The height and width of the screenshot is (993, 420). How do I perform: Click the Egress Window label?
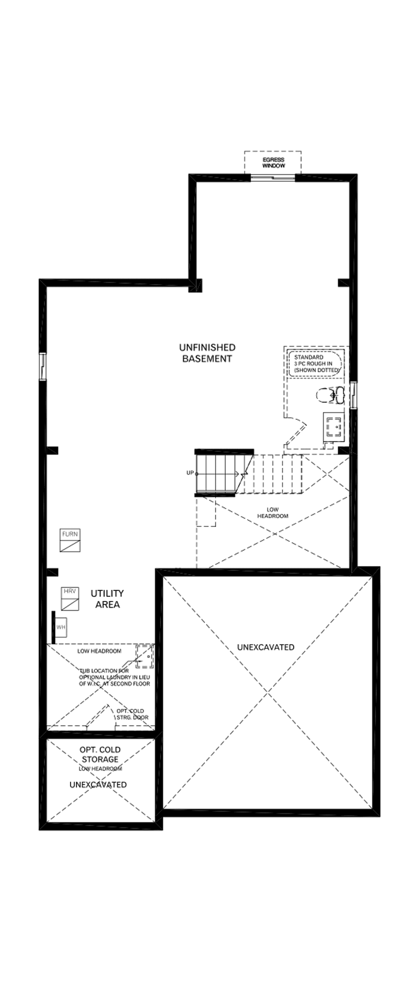coord(274,163)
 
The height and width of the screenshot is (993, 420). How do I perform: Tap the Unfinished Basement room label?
coord(207,353)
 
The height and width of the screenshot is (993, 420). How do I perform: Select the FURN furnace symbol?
coord(70,540)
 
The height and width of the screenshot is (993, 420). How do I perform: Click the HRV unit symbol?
coord(70,598)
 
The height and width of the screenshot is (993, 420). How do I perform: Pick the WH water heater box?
coord(61,627)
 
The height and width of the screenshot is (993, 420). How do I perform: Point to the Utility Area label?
coord(107,598)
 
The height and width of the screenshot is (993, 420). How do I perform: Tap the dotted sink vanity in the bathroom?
coord(334,425)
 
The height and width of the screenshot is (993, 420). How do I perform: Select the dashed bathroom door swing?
coord(297,432)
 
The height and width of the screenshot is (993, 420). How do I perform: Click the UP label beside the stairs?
coord(190,473)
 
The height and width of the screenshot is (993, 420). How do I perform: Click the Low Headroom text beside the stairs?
coord(272,513)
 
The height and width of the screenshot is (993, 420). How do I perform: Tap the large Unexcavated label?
coord(265,647)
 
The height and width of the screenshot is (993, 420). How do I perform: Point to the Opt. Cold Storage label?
coord(100,754)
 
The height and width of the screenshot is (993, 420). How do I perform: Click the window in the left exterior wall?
coord(43,366)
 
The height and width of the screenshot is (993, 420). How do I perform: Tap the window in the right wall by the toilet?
coord(353,395)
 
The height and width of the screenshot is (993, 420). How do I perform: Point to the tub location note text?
coord(115,677)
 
